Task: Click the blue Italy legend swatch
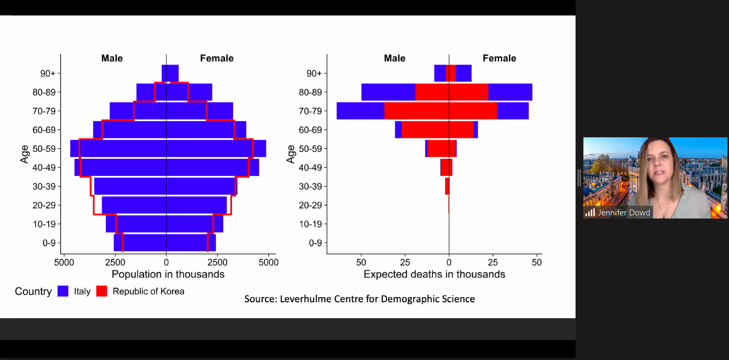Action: tap(63, 291)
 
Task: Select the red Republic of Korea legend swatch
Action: tap(102, 291)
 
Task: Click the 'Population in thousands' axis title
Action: tap(168, 274)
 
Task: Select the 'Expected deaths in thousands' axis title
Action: tap(434, 274)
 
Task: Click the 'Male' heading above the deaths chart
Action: tap(394, 58)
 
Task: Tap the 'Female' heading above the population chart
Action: tap(217, 58)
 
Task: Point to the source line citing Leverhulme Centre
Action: tap(359, 299)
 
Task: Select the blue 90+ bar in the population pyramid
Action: tap(170, 73)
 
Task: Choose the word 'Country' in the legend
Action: tap(33, 291)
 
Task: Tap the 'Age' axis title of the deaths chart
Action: tap(291, 154)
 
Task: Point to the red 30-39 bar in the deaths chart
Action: tap(447, 186)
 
